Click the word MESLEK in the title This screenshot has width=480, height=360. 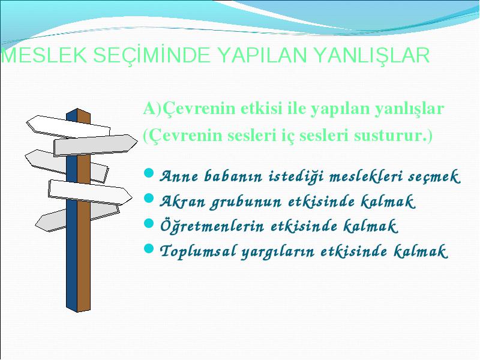(x=44, y=55)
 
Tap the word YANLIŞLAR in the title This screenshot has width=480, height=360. (x=372, y=56)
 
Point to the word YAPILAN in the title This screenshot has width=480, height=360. (x=262, y=55)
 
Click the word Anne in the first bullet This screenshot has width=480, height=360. (x=179, y=176)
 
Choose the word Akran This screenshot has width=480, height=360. (x=182, y=202)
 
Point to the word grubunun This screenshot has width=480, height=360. (x=245, y=202)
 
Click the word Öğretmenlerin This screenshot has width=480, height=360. (x=212, y=227)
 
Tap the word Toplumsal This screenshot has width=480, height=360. (x=198, y=251)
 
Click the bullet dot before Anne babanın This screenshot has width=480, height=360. (x=148, y=173)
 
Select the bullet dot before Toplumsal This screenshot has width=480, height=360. (x=148, y=248)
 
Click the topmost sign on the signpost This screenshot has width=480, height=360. (x=68, y=127)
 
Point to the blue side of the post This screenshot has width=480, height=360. (x=71, y=211)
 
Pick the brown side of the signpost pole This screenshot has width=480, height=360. (x=84, y=211)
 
